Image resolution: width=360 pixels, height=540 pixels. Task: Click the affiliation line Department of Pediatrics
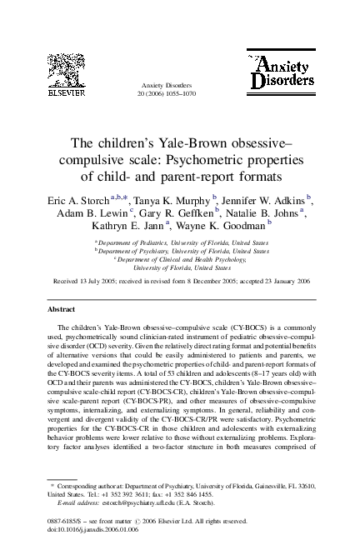(x=182, y=241)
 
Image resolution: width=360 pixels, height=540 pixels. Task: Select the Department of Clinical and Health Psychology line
(x=182, y=259)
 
